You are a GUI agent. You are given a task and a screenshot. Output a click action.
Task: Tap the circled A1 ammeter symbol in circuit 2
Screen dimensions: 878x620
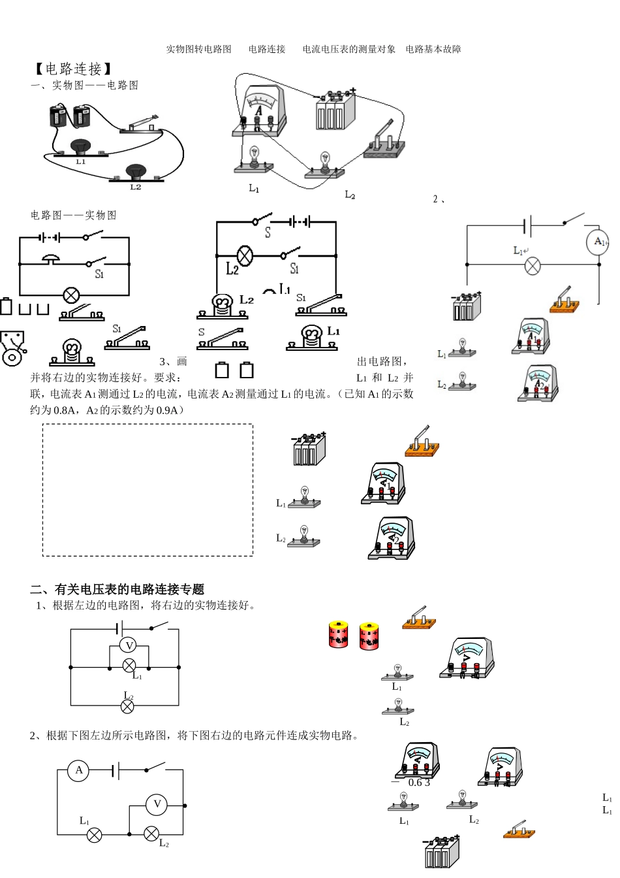click(x=599, y=242)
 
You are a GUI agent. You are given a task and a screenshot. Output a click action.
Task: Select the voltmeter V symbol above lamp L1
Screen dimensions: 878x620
click(x=129, y=645)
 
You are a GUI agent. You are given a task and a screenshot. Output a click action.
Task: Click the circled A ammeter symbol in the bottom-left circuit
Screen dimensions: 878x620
click(x=79, y=770)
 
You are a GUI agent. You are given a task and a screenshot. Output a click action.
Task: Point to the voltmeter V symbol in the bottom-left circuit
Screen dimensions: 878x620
click(x=157, y=804)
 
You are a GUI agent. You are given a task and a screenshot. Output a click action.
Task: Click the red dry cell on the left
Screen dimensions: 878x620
click(x=338, y=634)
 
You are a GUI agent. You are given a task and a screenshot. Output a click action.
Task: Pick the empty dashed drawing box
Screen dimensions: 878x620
click(x=147, y=490)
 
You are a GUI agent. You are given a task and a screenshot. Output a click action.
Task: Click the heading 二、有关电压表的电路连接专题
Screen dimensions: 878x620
click(x=117, y=589)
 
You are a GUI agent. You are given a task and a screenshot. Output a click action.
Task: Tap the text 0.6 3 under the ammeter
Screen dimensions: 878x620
click(x=419, y=783)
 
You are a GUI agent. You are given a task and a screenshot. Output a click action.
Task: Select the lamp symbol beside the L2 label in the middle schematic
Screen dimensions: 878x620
click(x=245, y=255)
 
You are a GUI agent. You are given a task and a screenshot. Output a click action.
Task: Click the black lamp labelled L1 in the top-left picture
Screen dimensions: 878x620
click(x=80, y=148)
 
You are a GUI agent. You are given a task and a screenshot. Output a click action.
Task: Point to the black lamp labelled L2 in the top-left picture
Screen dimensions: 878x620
click(x=136, y=172)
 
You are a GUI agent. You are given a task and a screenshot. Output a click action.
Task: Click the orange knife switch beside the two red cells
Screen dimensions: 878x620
click(x=419, y=618)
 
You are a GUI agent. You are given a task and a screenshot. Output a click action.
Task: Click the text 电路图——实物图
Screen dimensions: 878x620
click(x=73, y=215)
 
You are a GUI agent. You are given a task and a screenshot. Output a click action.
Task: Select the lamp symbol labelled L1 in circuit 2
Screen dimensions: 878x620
click(x=533, y=266)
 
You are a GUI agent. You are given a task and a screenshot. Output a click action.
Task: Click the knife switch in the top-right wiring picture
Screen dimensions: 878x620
click(x=384, y=141)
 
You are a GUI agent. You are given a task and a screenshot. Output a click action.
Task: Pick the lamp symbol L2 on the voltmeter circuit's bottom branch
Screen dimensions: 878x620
click(x=128, y=706)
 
